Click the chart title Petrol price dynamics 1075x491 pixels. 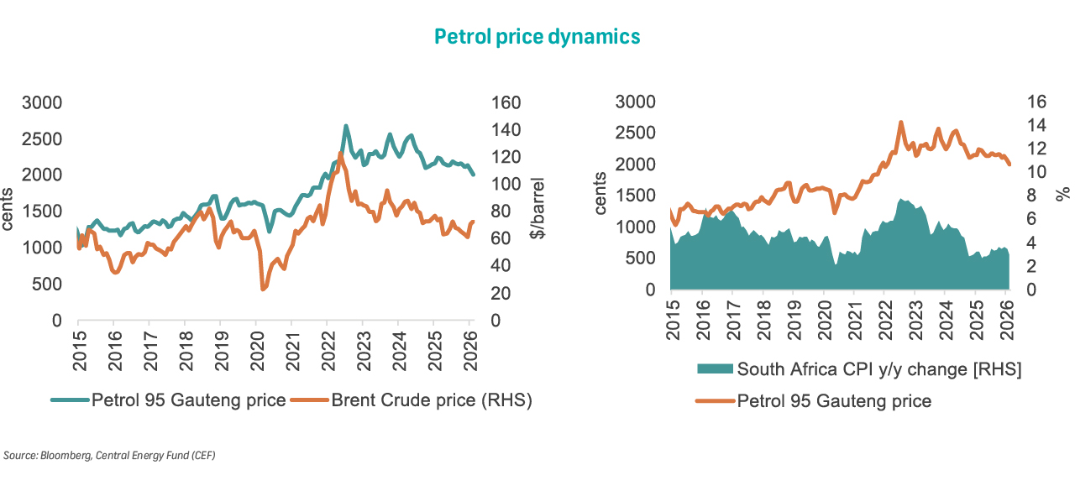[537, 36]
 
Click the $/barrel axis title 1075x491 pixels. [537, 208]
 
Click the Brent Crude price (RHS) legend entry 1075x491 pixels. [423, 400]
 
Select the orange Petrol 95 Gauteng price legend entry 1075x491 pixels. [834, 400]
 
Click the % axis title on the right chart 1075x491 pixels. [1062, 194]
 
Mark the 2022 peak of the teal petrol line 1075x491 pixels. [346, 126]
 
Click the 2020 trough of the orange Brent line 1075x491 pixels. [263, 289]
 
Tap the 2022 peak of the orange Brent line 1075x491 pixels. [339, 154]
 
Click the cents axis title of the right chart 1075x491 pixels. [601, 194]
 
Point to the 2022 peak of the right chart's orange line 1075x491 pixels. [901, 122]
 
